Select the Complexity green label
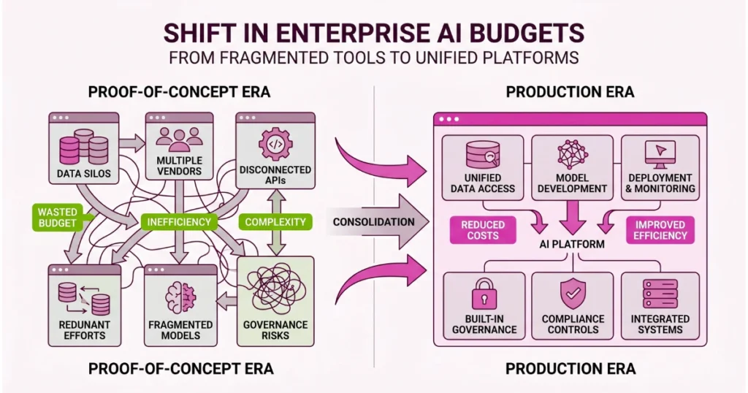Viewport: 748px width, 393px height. [x=274, y=221]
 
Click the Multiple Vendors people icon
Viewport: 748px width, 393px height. [x=179, y=139]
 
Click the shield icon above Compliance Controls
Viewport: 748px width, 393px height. [x=572, y=294]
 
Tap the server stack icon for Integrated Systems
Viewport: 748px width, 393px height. [x=660, y=294]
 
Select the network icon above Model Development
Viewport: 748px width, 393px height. [x=572, y=154]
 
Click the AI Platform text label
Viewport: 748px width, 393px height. [x=573, y=244]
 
